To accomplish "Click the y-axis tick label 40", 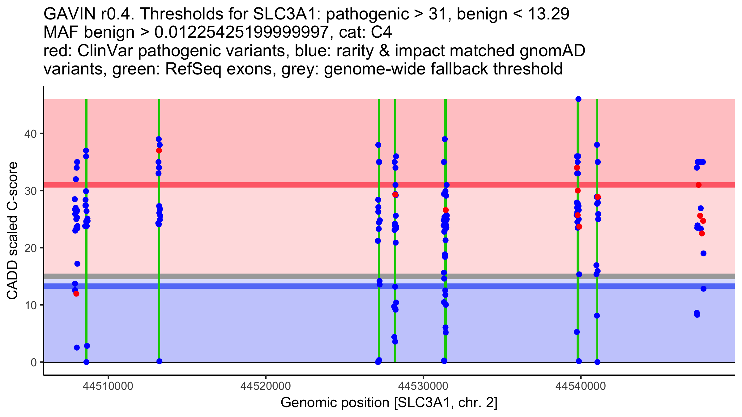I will (x=30, y=134).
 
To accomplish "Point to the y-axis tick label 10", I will (x=30, y=305).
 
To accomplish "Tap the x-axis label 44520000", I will (x=266, y=386).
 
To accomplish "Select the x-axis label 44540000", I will (x=581, y=386).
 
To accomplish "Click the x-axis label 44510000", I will (x=108, y=386).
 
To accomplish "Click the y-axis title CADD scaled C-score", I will (x=12, y=231).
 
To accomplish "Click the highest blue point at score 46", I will (x=578, y=99).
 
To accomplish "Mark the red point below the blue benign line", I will (x=76, y=294).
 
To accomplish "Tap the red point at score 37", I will (x=159, y=151).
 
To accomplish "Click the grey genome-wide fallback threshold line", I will (x=309, y=276).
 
